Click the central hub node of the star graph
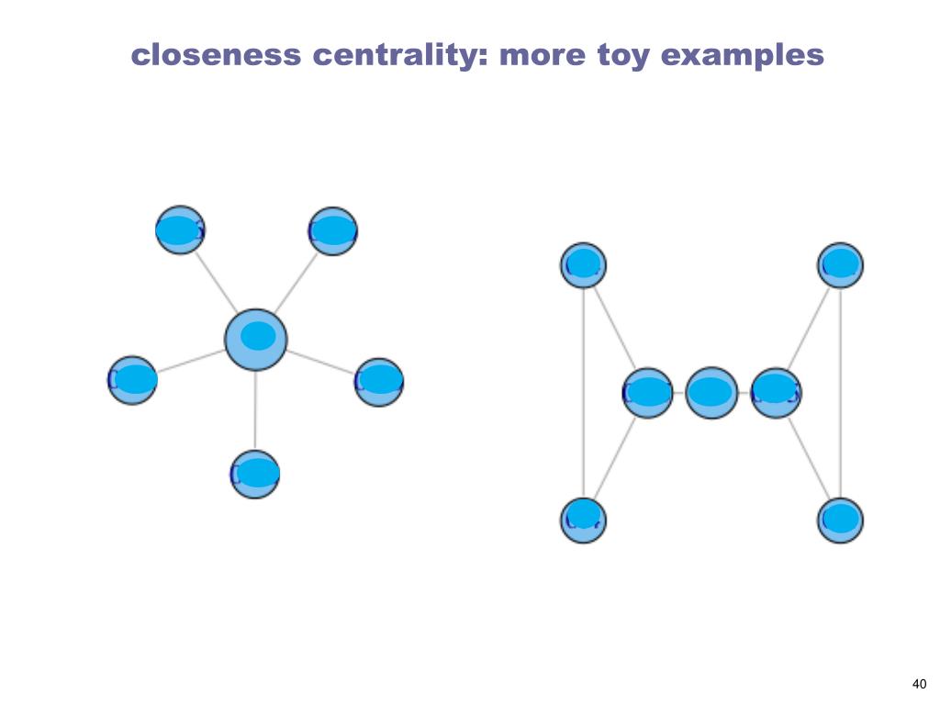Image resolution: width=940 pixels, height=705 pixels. coord(256,339)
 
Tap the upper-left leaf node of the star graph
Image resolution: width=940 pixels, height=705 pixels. coord(180,230)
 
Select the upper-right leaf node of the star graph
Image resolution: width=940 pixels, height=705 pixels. coord(332,231)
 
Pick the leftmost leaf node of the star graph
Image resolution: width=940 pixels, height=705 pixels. coord(132,380)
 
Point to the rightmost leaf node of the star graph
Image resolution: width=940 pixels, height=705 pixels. coord(379,382)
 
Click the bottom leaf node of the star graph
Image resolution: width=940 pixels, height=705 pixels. coord(255,475)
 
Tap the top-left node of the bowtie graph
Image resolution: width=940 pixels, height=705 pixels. coord(583,265)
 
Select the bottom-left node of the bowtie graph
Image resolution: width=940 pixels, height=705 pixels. coord(583,520)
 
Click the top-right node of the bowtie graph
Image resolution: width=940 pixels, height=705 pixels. coord(840,265)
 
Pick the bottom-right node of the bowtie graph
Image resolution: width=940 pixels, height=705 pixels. coord(840,520)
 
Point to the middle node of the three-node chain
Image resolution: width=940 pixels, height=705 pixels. coord(711,393)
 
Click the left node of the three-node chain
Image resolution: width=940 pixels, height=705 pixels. coord(648,393)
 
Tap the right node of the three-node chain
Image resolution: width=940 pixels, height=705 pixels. coord(776,393)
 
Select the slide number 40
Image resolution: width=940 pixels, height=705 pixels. coord(919,683)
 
